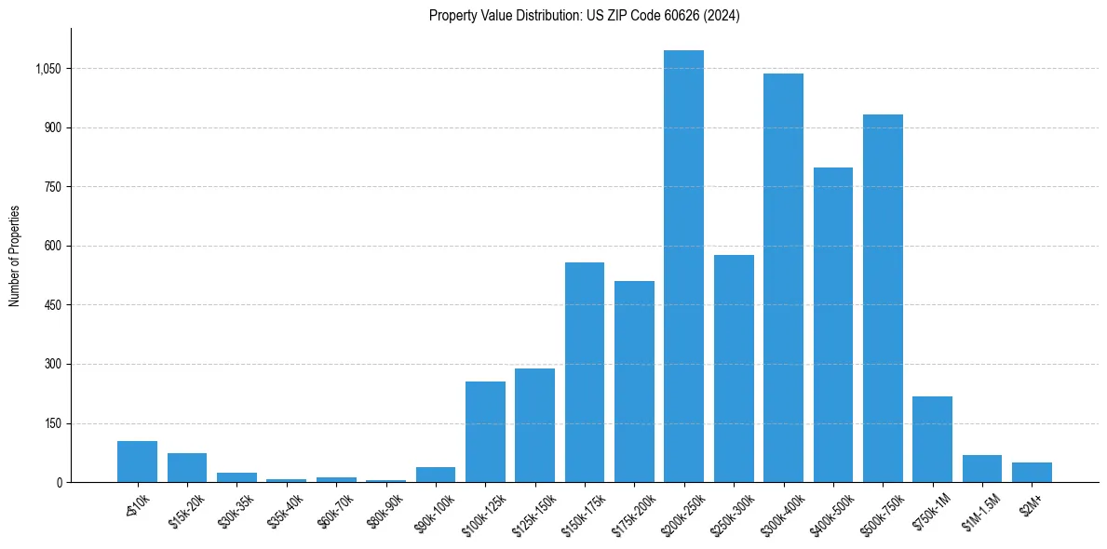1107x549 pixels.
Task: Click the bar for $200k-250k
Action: tap(683, 266)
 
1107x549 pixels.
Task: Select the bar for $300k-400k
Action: tap(783, 277)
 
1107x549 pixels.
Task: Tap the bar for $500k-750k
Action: tap(883, 298)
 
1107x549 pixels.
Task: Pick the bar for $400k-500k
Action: tap(833, 325)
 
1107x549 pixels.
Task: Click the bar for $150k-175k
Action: tap(585, 372)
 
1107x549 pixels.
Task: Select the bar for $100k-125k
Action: tap(485, 432)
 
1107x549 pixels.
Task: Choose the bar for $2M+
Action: tap(1032, 472)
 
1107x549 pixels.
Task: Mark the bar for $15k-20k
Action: tap(187, 467)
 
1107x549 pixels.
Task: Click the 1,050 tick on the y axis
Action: tap(47, 69)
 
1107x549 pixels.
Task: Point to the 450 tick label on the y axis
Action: tap(53, 305)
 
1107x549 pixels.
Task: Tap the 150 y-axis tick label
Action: tap(53, 423)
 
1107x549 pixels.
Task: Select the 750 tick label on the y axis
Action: tap(53, 187)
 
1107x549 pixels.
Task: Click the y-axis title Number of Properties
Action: tap(15, 255)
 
